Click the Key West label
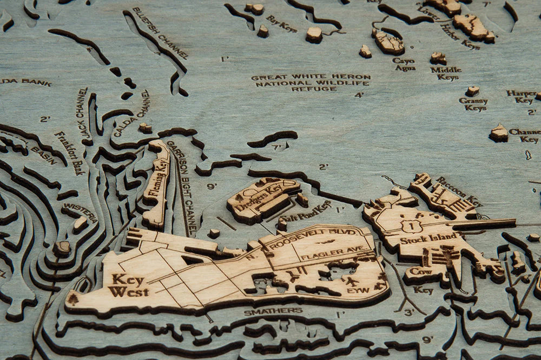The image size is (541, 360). click(x=129, y=285)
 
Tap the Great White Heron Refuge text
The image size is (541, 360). click(x=311, y=83)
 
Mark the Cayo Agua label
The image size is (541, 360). click(x=404, y=64)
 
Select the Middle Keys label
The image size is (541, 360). click(x=446, y=73)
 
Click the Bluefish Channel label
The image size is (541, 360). click(x=161, y=34)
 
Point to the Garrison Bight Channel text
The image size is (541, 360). click(x=182, y=184)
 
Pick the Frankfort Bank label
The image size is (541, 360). click(x=69, y=153)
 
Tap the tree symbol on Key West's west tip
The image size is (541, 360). click(x=74, y=299)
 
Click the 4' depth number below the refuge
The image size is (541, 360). click(x=359, y=96)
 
